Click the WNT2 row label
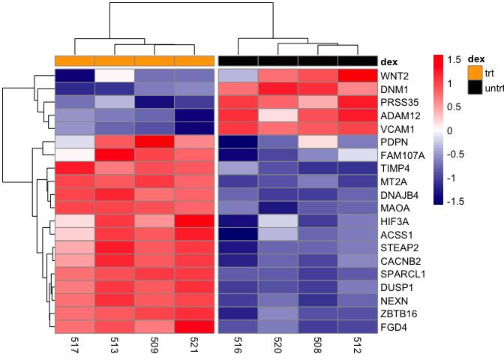click(393, 76)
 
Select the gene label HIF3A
click(395, 222)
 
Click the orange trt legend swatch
click(474, 72)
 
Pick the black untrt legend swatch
click(474, 87)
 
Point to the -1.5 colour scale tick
click(454, 202)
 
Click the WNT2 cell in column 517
click(74, 76)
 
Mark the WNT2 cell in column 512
click(357, 76)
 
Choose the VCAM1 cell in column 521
click(194, 128)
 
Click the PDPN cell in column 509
click(154, 142)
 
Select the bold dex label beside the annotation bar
click(390, 61)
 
